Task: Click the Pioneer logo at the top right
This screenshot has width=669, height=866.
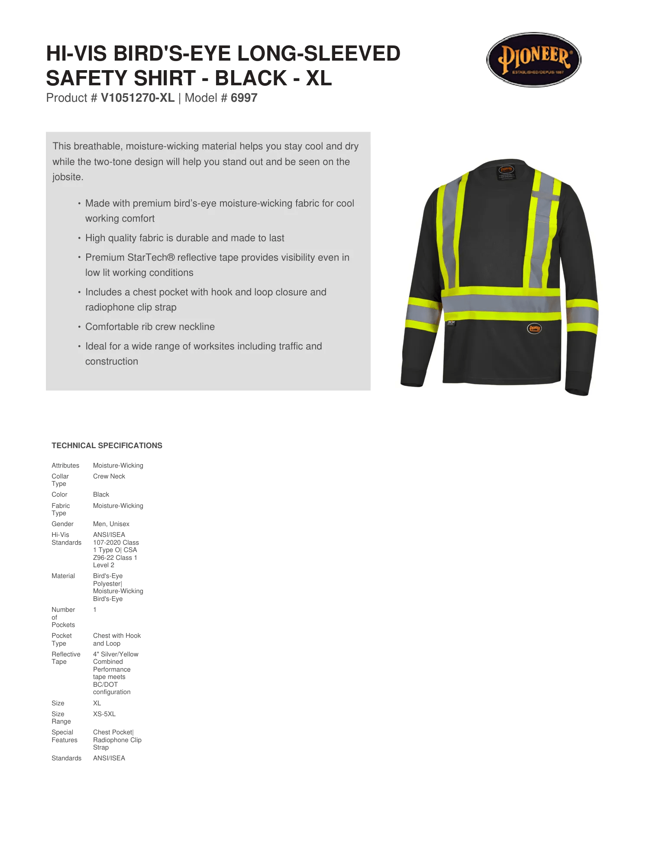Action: point(533,60)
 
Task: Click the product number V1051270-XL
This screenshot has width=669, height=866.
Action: point(137,98)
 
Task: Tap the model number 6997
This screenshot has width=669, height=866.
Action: point(244,98)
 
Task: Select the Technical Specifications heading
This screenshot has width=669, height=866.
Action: point(107,446)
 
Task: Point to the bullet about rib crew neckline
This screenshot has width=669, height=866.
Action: point(150,327)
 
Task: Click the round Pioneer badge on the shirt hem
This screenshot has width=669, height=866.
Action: point(534,329)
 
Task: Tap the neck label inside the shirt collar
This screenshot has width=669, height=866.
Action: point(506,171)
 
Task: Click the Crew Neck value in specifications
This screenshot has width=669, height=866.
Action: point(109,476)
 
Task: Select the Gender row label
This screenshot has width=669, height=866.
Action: point(62,524)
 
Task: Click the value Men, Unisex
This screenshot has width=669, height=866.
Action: point(111,524)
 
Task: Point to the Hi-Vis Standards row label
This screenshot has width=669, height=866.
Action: point(66,539)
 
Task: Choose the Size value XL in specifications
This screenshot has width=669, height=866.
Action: point(97,703)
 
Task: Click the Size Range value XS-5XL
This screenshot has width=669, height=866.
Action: point(104,714)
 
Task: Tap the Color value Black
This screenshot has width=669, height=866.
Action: point(101,494)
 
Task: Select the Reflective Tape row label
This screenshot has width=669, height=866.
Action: point(66,658)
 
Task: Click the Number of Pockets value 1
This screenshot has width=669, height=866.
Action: point(94,610)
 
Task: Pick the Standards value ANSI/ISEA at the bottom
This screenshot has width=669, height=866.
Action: point(109,758)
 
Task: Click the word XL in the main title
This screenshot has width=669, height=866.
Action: point(319,78)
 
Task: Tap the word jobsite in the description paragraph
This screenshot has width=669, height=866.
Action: point(67,177)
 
